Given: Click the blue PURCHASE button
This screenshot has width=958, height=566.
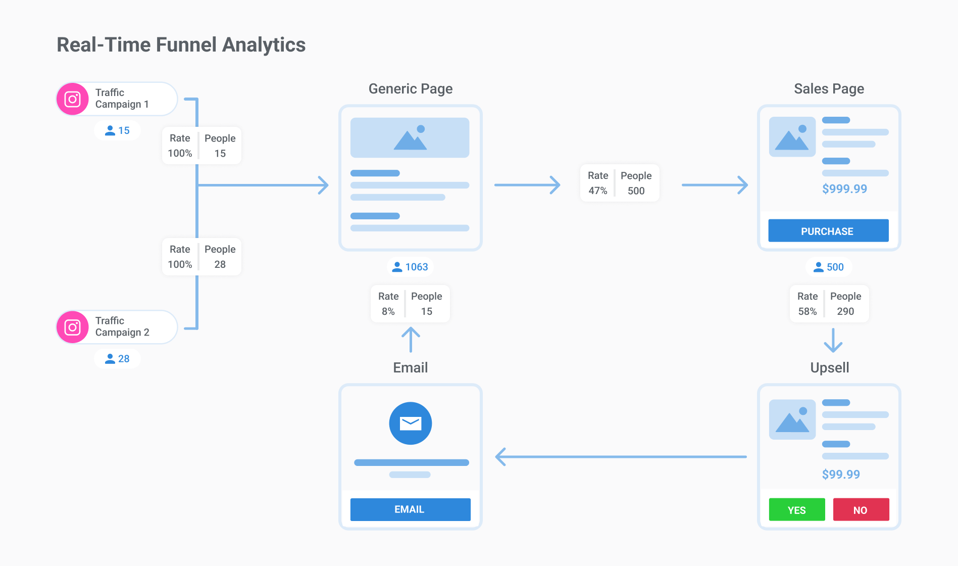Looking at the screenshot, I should point(828,231).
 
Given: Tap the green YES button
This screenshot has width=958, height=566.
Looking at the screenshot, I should point(796,509).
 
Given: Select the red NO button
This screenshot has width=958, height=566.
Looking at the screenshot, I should point(861,509).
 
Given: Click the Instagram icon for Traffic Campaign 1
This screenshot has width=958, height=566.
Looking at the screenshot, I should point(73,99).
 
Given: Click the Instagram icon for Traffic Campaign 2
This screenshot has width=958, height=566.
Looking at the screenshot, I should point(73,327).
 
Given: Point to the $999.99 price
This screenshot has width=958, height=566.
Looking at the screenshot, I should point(844,189).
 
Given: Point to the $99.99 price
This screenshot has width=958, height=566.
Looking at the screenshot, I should point(841,474).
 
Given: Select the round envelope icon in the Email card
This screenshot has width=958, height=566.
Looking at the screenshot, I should point(410,423).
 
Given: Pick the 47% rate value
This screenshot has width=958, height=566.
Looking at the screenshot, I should point(597,191).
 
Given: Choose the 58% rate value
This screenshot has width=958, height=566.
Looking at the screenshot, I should point(807,311).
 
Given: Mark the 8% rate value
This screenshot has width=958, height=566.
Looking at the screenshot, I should point(388,311).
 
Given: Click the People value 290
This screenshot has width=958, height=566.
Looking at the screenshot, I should point(845,311).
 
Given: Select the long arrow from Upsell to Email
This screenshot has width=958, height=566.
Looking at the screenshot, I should point(621,456).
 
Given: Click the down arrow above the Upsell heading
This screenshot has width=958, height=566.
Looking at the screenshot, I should point(833,340).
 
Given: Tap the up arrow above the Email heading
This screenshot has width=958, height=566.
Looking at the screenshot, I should point(411,339).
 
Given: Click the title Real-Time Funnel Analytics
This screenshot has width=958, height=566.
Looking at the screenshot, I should point(181,44).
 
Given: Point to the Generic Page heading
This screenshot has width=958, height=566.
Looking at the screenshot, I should point(410,89).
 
